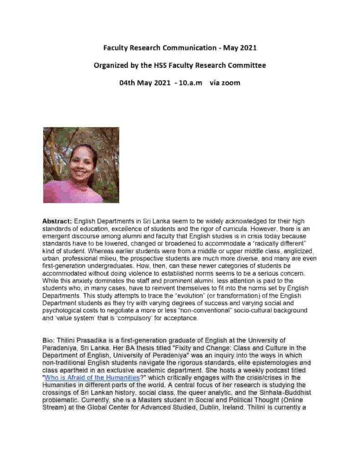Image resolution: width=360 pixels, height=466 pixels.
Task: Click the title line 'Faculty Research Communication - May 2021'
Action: [x=180, y=47]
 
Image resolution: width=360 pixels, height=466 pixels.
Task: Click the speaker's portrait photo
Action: [x=81, y=165]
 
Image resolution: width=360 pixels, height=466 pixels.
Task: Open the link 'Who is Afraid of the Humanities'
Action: [x=91, y=378]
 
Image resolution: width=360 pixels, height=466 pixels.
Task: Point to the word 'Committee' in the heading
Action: [x=245, y=65]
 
